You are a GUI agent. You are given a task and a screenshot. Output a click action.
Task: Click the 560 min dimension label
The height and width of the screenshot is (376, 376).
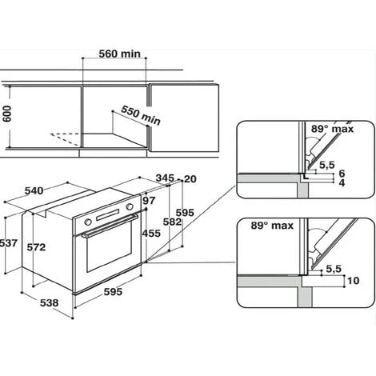click(x=119, y=54)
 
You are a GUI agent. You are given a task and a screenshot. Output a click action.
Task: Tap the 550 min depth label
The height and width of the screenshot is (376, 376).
click(x=141, y=115)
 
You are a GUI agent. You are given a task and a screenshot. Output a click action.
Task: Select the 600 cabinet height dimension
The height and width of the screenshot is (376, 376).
click(x=7, y=114)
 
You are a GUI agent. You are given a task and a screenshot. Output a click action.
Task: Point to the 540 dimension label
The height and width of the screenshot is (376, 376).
click(x=34, y=190)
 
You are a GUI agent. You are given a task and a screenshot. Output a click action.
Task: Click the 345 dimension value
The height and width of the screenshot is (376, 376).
click(x=165, y=178)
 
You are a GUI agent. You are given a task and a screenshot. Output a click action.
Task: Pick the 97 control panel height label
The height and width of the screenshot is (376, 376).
click(x=149, y=201)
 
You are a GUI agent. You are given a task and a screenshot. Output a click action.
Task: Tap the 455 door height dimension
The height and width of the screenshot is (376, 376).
click(x=151, y=234)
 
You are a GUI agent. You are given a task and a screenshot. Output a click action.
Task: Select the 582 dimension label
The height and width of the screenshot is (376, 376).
click(x=172, y=222)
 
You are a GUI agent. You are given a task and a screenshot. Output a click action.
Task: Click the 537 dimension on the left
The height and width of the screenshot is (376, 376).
click(x=9, y=243)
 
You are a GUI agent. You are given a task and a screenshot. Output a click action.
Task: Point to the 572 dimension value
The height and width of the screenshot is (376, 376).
click(x=36, y=247)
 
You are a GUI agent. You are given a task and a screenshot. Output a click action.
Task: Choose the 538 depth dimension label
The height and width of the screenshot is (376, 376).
click(x=49, y=303)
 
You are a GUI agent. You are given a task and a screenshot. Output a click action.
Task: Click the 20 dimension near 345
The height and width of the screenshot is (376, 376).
click(x=190, y=179)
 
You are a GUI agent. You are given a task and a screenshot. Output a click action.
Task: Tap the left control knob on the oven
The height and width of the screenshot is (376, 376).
click(x=88, y=222)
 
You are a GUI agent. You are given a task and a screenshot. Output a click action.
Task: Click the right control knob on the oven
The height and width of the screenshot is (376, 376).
click(x=130, y=206)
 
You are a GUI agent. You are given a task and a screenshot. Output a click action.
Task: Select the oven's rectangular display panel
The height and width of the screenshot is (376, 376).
click(x=108, y=215)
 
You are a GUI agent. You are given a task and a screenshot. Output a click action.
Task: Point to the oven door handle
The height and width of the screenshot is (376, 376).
click(x=110, y=226)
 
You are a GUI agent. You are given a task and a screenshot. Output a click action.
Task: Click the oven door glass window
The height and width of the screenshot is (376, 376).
click(x=109, y=246)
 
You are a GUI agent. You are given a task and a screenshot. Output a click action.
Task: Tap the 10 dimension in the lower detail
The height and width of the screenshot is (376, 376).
click(x=354, y=281)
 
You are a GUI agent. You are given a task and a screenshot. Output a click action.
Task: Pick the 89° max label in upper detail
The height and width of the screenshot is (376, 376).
click(x=332, y=129)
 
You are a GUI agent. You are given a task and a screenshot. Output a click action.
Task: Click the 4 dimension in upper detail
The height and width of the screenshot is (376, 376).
click(x=342, y=183)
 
